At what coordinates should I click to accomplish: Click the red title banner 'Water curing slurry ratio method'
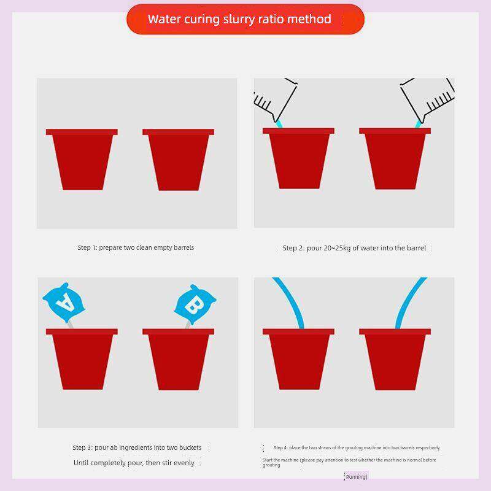(x=245, y=19)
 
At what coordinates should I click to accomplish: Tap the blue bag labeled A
(x=64, y=303)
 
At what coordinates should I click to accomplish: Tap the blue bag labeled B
(x=195, y=304)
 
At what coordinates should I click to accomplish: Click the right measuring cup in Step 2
(x=428, y=99)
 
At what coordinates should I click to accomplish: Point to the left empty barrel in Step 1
(x=82, y=160)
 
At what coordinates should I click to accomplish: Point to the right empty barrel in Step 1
(x=178, y=160)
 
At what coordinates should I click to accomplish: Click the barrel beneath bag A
(x=82, y=359)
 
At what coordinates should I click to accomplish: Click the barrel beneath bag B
(x=178, y=359)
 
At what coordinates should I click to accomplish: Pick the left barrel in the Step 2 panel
(x=298, y=158)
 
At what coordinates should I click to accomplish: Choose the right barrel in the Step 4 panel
(x=395, y=359)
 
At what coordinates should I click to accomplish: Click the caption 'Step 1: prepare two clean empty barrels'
(x=136, y=247)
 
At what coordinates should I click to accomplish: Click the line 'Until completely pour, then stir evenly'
(x=134, y=463)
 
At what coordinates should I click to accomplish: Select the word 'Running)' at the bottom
(x=357, y=477)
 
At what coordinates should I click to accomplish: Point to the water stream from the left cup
(x=279, y=125)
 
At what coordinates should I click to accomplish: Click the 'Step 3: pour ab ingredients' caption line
(x=137, y=447)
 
